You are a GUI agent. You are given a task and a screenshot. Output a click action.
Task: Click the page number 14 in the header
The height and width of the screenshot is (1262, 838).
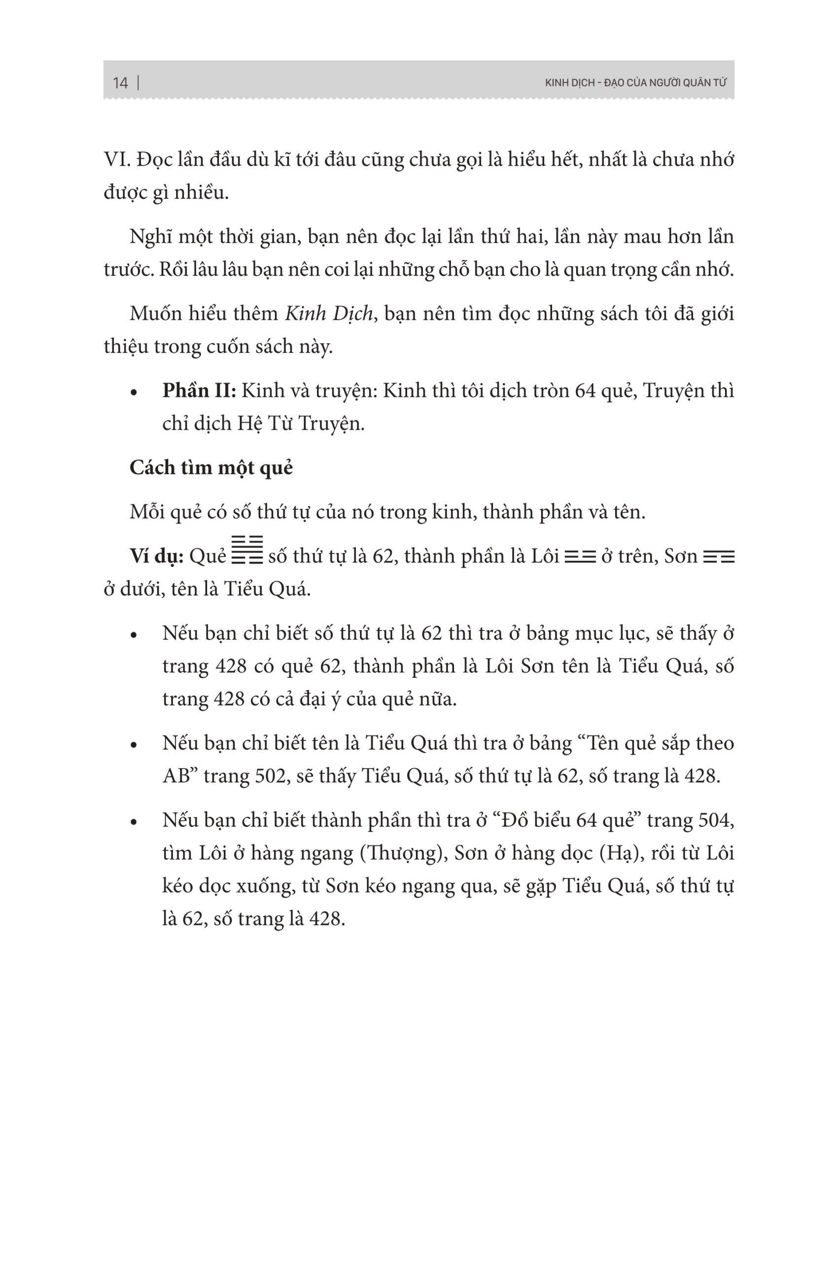[x=120, y=83]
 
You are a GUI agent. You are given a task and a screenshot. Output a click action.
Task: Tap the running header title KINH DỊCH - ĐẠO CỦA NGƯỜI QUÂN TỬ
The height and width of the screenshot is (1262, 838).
[x=635, y=83]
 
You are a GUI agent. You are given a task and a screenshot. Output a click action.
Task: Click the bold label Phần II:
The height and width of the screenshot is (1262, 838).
[x=199, y=391]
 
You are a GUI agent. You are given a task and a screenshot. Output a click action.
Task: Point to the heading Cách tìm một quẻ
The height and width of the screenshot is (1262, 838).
[x=211, y=468]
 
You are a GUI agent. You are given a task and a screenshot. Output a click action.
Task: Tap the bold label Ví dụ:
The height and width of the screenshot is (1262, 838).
[x=157, y=557]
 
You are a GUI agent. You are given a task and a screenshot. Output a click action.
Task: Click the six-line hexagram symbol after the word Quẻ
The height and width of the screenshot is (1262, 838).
[x=247, y=550]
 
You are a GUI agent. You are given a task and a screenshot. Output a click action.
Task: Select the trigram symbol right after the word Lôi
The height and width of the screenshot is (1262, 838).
[x=580, y=558]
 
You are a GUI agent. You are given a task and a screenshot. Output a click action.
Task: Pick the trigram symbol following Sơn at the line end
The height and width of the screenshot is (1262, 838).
[x=719, y=558]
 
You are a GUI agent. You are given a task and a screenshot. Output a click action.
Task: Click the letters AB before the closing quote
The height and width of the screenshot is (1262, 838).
[x=176, y=776]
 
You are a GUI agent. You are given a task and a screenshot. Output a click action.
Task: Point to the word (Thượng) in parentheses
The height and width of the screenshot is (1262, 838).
[x=404, y=853]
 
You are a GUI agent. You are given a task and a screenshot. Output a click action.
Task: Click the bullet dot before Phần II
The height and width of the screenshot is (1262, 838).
[x=134, y=393]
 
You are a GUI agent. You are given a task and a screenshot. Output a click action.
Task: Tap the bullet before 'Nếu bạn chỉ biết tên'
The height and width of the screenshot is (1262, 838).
[x=134, y=744]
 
